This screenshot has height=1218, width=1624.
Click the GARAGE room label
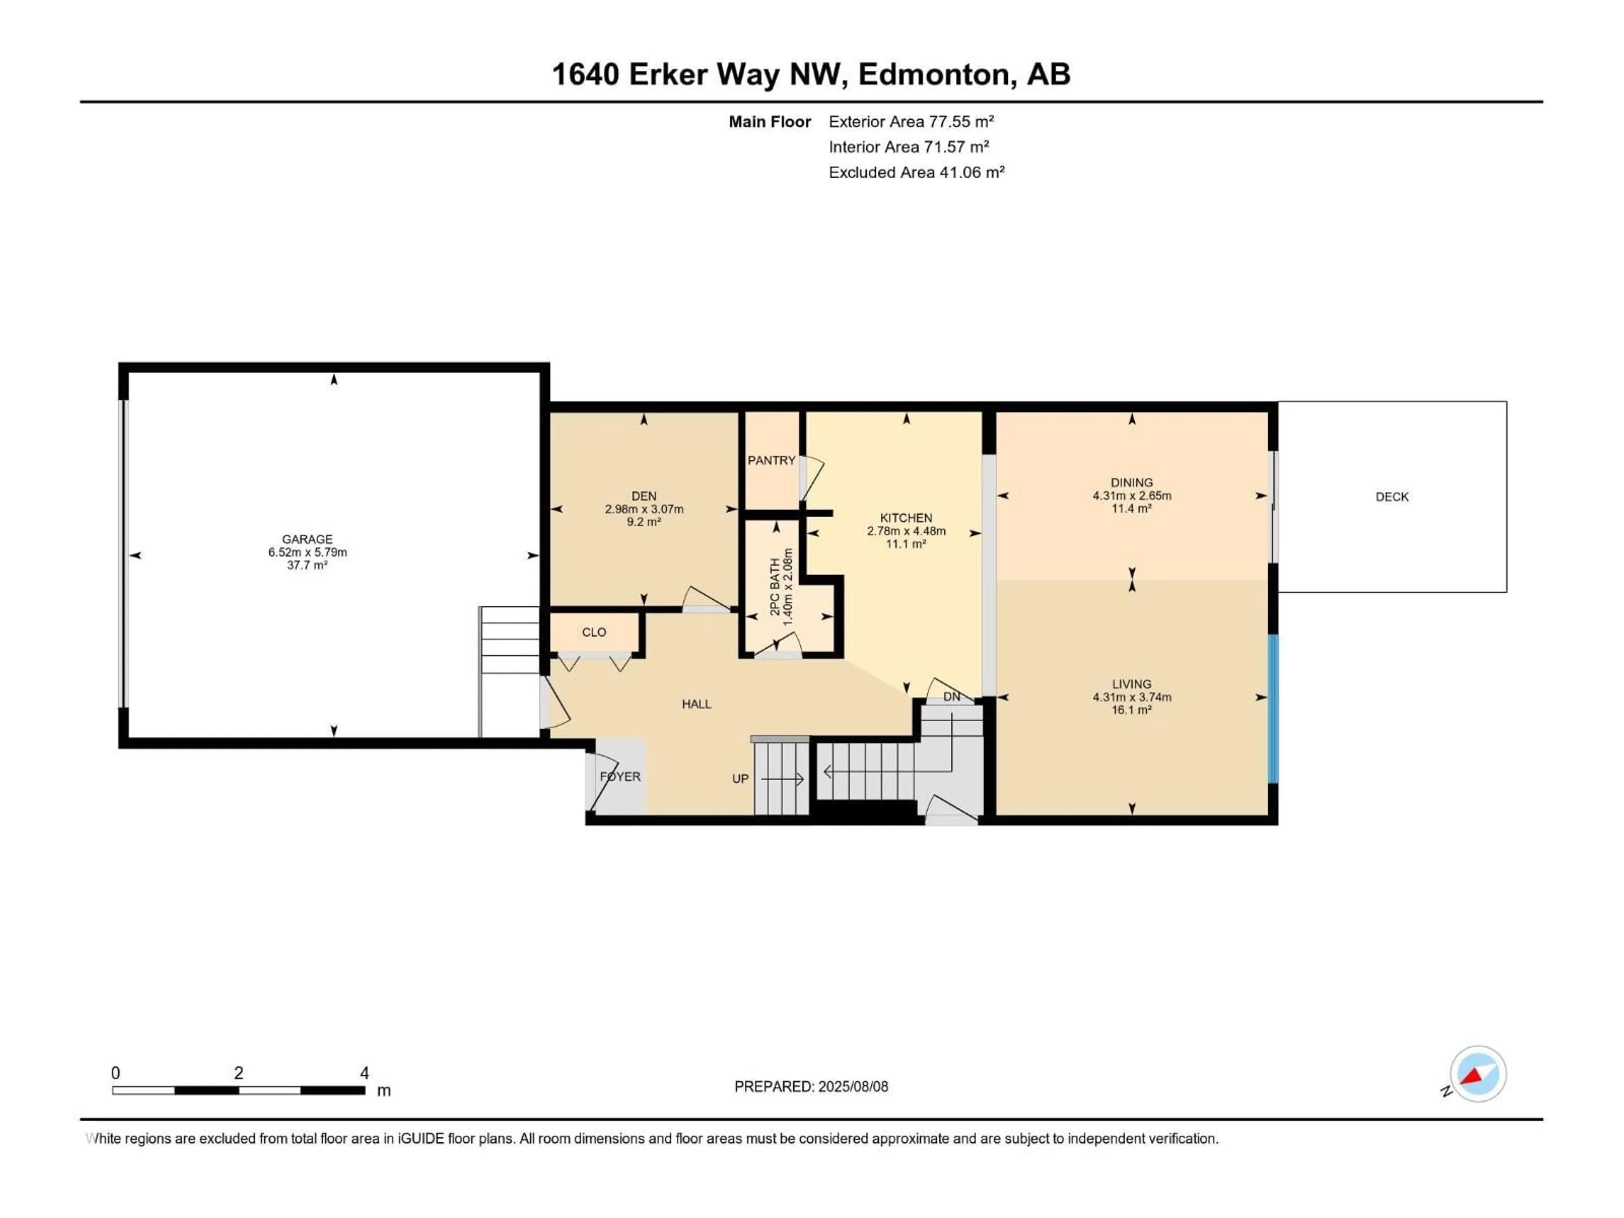point(307,539)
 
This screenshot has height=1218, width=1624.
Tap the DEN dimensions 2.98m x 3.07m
point(644,509)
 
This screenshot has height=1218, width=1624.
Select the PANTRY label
point(771,460)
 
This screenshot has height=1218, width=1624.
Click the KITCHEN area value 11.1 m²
point(906,544)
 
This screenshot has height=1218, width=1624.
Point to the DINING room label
point(1131,483)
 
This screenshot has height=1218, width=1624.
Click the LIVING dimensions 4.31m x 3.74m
point(1131,697)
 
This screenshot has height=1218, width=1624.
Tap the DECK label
point(1391,497)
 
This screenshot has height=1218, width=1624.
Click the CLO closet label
point(594,632)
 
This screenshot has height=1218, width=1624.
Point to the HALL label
point(696,704)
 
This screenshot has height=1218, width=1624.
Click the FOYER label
point(620,776)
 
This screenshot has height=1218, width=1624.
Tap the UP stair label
point(740,778)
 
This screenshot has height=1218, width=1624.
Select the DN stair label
point(952,697)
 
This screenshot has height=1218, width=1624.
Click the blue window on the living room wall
point(1274,708)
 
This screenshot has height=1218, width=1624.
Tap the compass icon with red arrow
point(1477,1075)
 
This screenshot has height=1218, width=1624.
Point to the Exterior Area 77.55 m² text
point(911,122)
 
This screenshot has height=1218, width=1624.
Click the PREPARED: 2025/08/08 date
point(811,1086)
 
